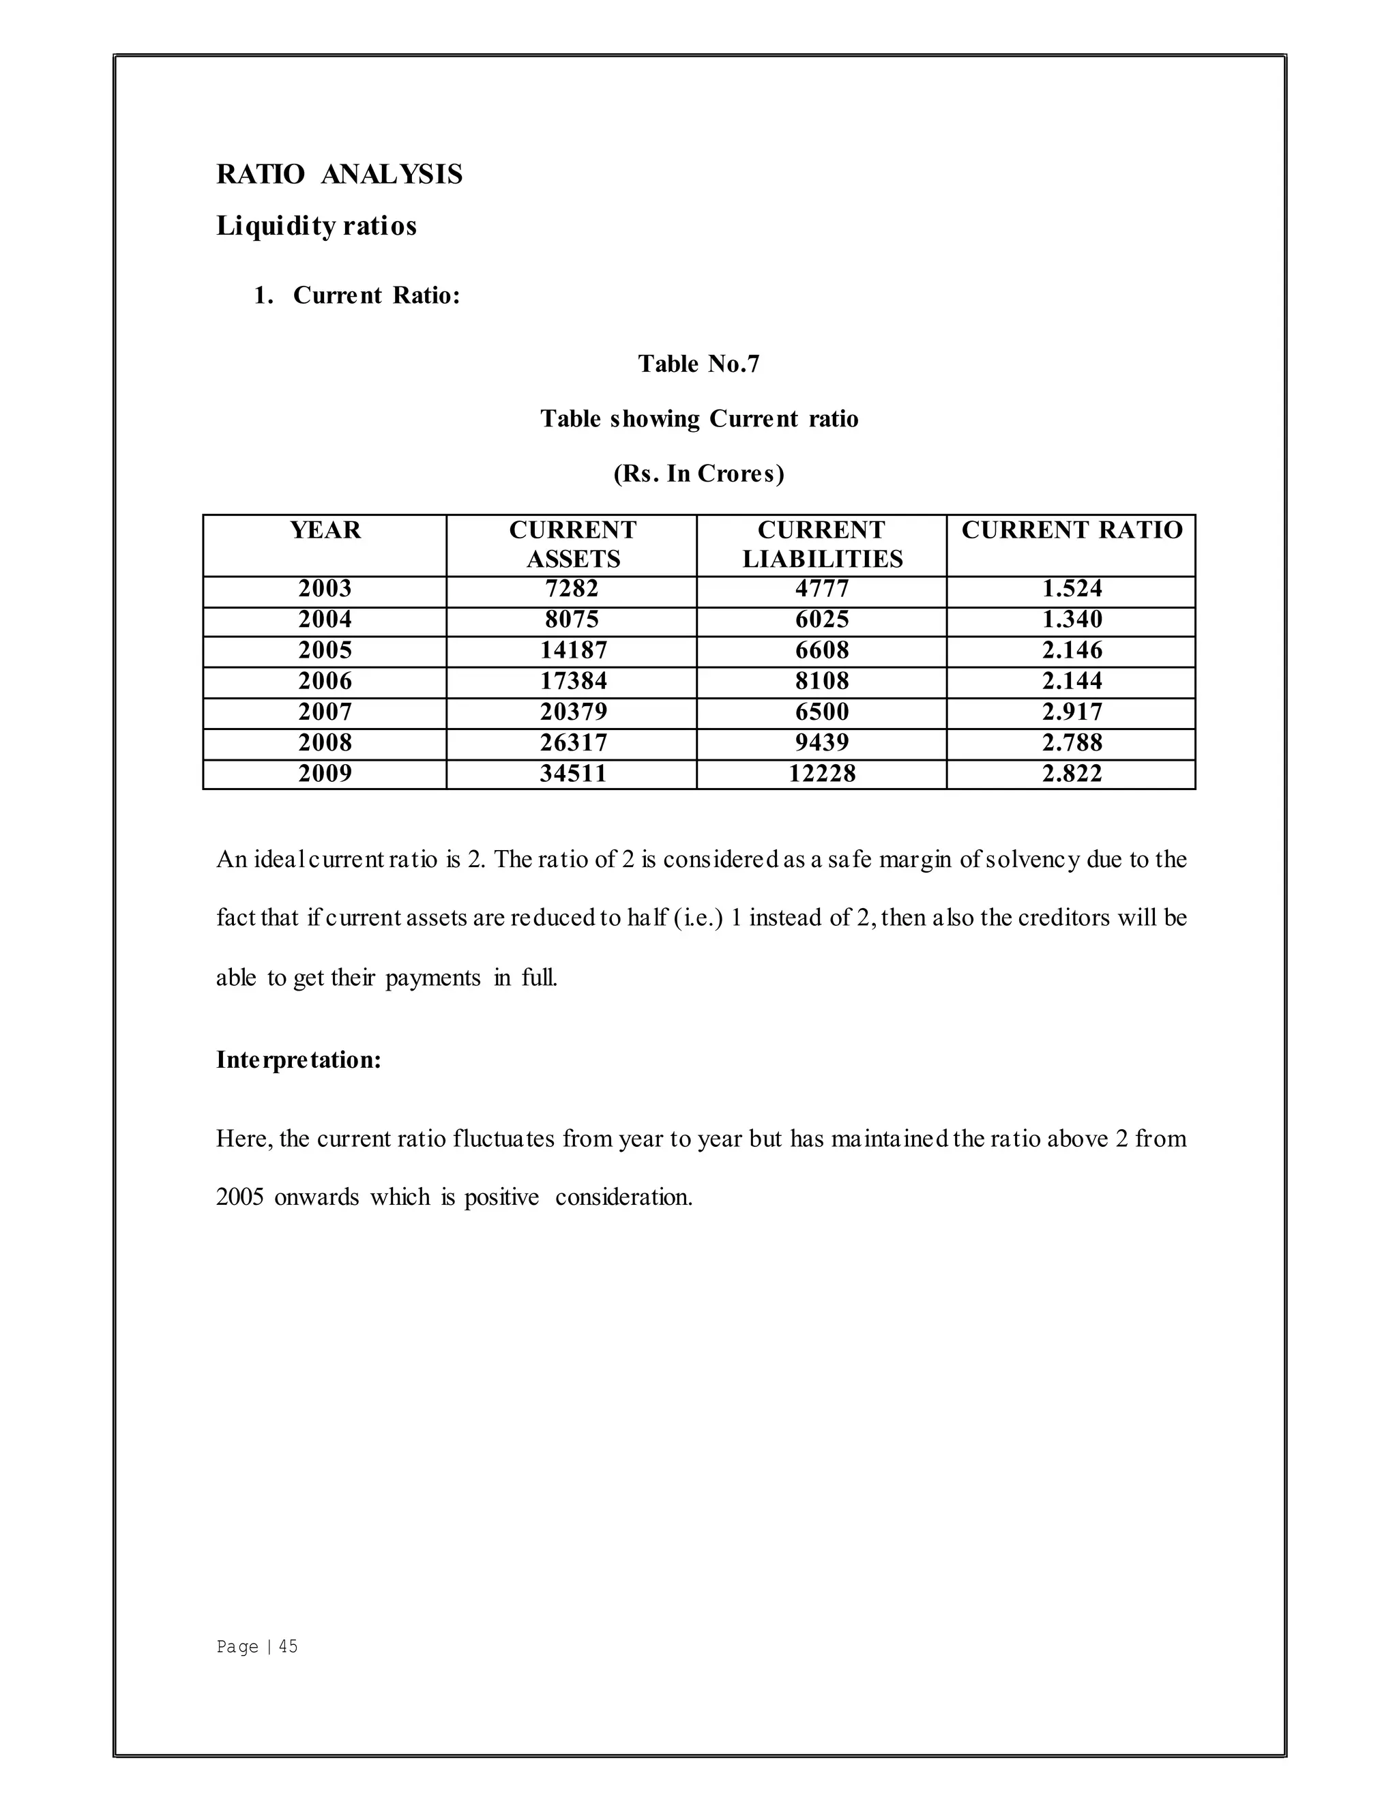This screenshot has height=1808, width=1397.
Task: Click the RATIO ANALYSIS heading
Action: [339, 175]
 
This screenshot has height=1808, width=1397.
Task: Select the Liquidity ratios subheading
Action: [316, 226]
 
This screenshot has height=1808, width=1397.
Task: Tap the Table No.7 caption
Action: [698, 364]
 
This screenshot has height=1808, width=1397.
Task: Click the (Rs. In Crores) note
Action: [698, 473]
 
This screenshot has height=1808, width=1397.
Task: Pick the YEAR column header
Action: [325, 531]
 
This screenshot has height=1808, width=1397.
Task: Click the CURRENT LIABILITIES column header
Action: [822, 544]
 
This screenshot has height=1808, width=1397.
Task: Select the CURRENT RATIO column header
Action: [1072, 531]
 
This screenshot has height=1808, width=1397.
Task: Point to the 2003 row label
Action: [325, 589]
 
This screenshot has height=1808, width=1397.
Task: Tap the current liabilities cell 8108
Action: [822, 682]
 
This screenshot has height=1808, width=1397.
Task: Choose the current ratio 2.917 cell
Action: [1072, 712]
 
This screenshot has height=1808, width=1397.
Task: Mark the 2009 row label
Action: [325, 774]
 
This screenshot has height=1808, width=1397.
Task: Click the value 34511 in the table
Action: [573, 774]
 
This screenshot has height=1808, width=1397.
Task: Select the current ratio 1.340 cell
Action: [1072, 619]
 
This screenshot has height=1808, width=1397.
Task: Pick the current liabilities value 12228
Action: [822, 774]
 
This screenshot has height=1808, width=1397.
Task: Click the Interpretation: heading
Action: [299, 1060]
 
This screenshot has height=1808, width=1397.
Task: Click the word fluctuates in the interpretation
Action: [504, 1139]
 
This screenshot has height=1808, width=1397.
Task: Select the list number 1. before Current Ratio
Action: [263, 295]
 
